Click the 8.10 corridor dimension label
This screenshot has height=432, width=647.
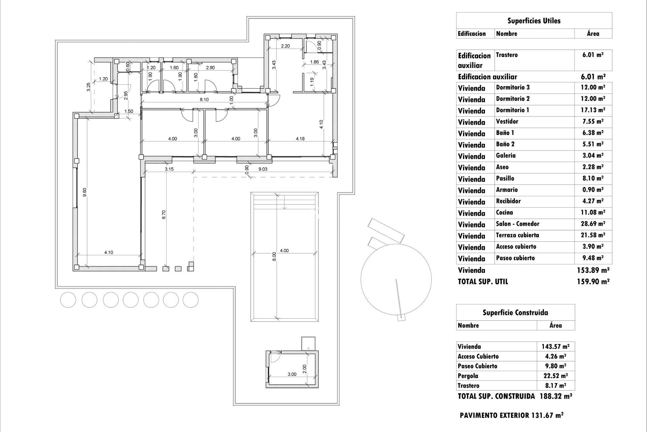[x=204, y=100]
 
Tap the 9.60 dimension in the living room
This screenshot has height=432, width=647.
[x=85, y=192]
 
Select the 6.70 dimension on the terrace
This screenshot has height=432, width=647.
[x=164, y=215]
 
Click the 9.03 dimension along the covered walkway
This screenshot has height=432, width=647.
[x=263, y=169]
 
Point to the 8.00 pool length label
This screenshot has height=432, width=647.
[x=274, y=256]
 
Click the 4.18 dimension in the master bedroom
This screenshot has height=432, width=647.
[x=300, y=139]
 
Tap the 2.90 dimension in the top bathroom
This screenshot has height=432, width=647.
[x=210, y=67]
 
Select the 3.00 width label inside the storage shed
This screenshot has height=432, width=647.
[x=292, y=374]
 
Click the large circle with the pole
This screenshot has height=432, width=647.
[x=396, y=278]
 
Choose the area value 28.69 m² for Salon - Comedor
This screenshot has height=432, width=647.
[x=593, y=224]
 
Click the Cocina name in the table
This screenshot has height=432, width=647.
[x=504, y=213]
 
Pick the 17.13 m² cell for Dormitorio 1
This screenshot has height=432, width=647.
[x=593, y=110]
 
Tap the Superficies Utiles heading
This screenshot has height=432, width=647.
[x=534, y=21]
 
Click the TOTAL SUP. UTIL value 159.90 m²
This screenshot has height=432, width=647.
[x=593, y=282]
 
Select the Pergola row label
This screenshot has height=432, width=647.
[x=468, y=376]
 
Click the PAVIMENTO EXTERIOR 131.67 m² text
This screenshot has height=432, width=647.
[x=511, y=415]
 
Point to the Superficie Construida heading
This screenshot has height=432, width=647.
[x=515, y=313]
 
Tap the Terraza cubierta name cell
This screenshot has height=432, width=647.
[x=517, y=235]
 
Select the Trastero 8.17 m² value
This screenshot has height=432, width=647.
[x=555, y=385]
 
